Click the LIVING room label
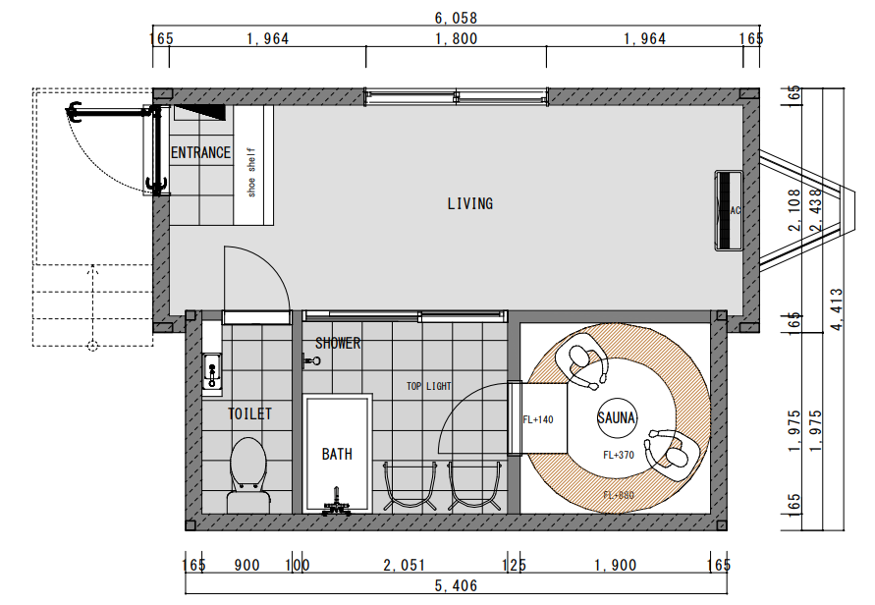click(469, 203)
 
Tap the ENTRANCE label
click(200, 152)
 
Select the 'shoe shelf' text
click(251, 172)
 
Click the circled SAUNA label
click(617, 417)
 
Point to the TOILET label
click(249, 413)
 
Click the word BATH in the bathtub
click(337, 455)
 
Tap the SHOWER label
click(338, 343)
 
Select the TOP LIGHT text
click(428, 386)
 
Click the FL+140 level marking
click(538, 419)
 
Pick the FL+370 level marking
click(619, 455)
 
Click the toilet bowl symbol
click(248, 474)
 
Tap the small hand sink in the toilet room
click(212, 371)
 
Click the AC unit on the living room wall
click(729, 210)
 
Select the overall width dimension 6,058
click(456, 18)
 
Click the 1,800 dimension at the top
click(456, 38)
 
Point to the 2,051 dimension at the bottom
click(404, 565)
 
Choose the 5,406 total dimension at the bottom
click(456, 585)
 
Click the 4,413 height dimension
click(836, 309)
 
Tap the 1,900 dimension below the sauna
click(615, 565)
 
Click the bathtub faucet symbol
click(337, 502)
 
